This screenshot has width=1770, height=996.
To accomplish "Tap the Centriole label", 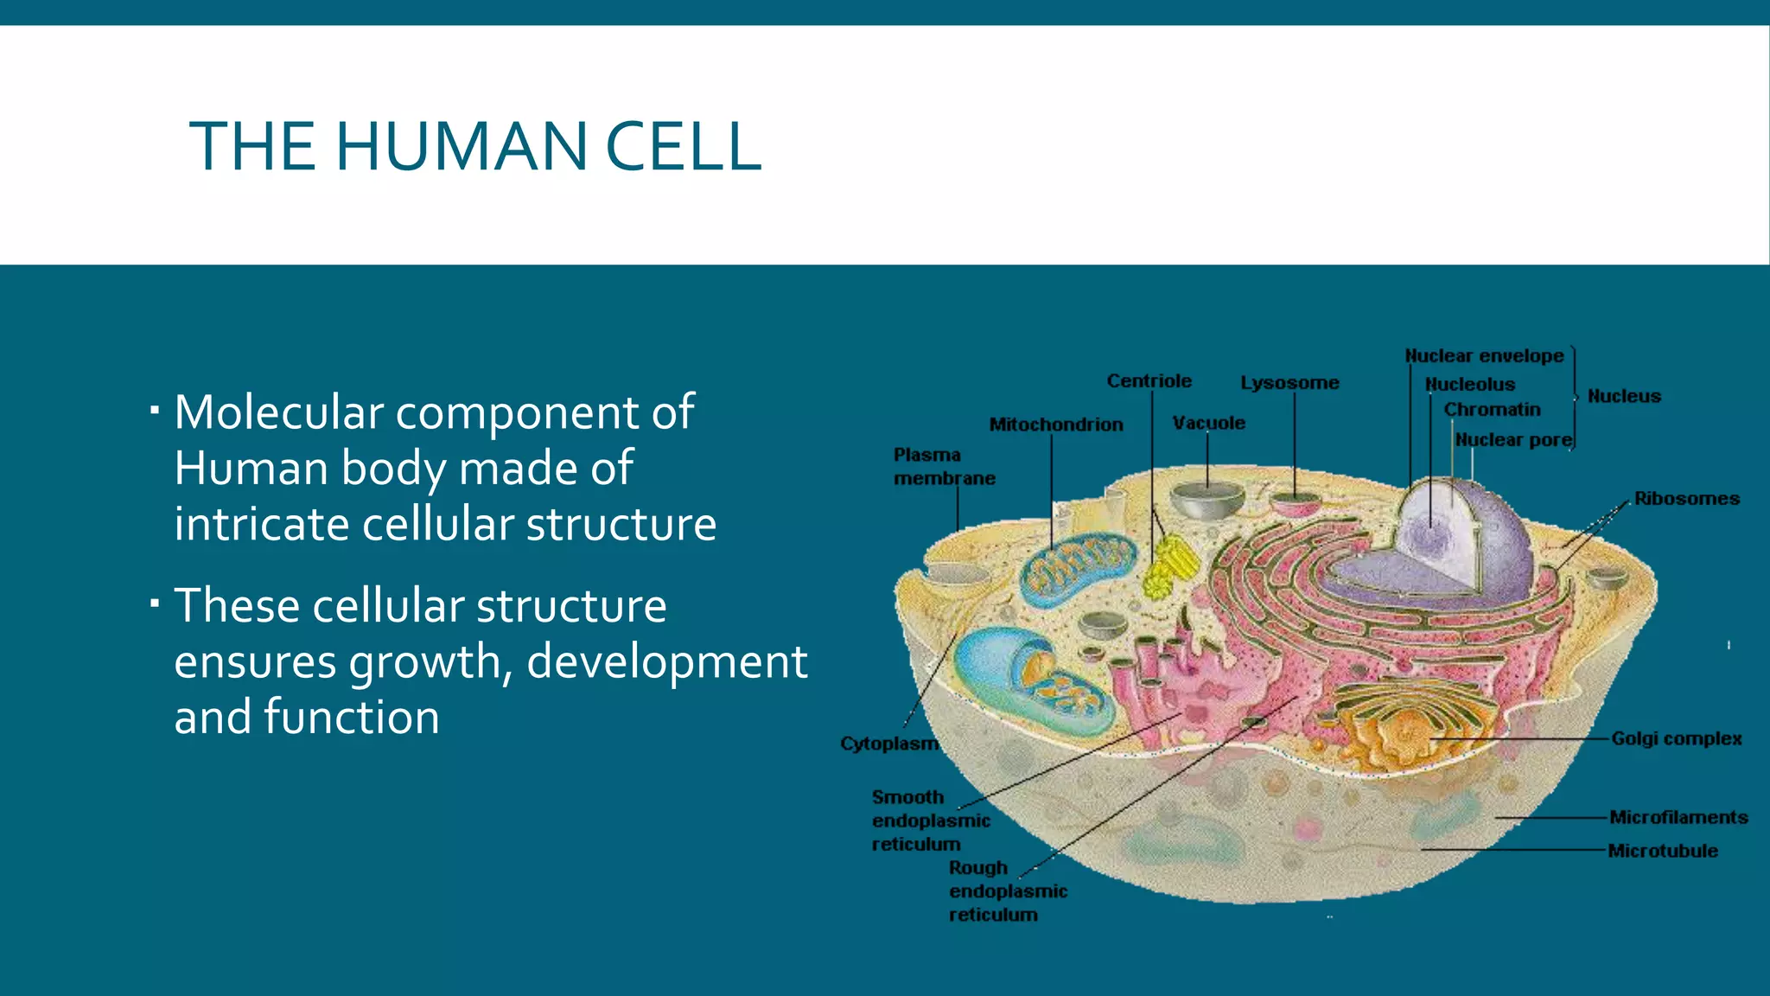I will (x=1149, y=381).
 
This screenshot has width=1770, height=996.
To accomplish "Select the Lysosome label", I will (x=1289, y=383).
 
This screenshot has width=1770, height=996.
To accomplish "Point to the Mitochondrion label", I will (x=1056, y=425).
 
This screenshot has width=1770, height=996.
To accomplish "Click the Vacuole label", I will (x=1208, y=423).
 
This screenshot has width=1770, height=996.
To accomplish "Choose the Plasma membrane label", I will (x=943, y=466).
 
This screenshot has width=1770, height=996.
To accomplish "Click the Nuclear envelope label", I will (x=1484, y=356).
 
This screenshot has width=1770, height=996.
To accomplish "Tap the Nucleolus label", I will (x=1469, y=385).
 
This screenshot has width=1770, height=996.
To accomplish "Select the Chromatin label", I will (x=1492, y=410).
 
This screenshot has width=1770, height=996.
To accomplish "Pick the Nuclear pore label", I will (x=1512, y=440).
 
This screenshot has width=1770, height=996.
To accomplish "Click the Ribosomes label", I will (x=1686, y=499).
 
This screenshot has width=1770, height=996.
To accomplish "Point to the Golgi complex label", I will (x=1676, y=739).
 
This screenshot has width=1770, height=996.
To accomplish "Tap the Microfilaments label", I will (x=1678, y=818).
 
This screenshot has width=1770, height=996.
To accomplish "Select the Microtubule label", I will (x=1662, y=852).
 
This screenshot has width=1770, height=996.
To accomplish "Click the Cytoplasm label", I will (x=888, y=744).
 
